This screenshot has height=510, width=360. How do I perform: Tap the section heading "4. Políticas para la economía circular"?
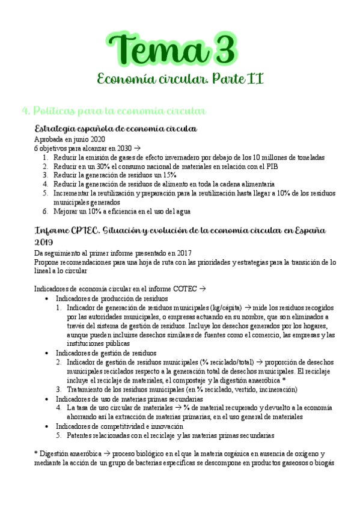pyautogui.click(x=114, y=111)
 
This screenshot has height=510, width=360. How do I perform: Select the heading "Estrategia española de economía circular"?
pyautogui.click(x=116, y=129)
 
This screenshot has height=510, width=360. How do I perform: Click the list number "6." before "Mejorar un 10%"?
pyautogui.click(x=46, y=211)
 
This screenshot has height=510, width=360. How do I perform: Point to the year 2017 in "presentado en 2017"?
pyautogui.click(x=194, y=253)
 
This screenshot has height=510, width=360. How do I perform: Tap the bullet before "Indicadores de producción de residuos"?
pyautogui.click(x=47, y=298)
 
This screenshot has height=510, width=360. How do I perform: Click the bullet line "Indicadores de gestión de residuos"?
pyautogui.click(x=106, y=353)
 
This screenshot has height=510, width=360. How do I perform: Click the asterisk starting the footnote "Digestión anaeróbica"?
pyautogui.click(x=37, y=453)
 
